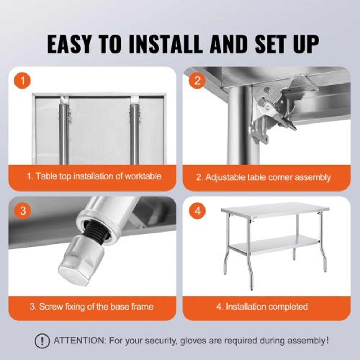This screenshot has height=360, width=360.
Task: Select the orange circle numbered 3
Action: pyautogui.click(x=23, y=211)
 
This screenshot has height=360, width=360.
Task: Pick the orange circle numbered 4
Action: pyautogui.click(x=197, y=211)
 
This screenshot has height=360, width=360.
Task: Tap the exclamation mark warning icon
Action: pyautogui.click(x=42, y=340)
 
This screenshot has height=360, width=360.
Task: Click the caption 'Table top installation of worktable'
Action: pyautogui.click(x=94, y=176)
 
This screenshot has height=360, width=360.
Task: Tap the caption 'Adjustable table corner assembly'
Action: pyautogui.click(x=263, y=177)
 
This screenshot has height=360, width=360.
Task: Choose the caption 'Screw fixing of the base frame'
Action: pyautogui.click(x=91, y=307)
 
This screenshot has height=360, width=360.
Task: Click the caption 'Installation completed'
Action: pyautogui.click(x=262, y=307)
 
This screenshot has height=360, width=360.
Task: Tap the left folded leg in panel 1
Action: pyautogui.click(x=64, y=133)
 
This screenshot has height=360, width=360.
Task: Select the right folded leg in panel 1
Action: pyautogui.click(x=134, y=133)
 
